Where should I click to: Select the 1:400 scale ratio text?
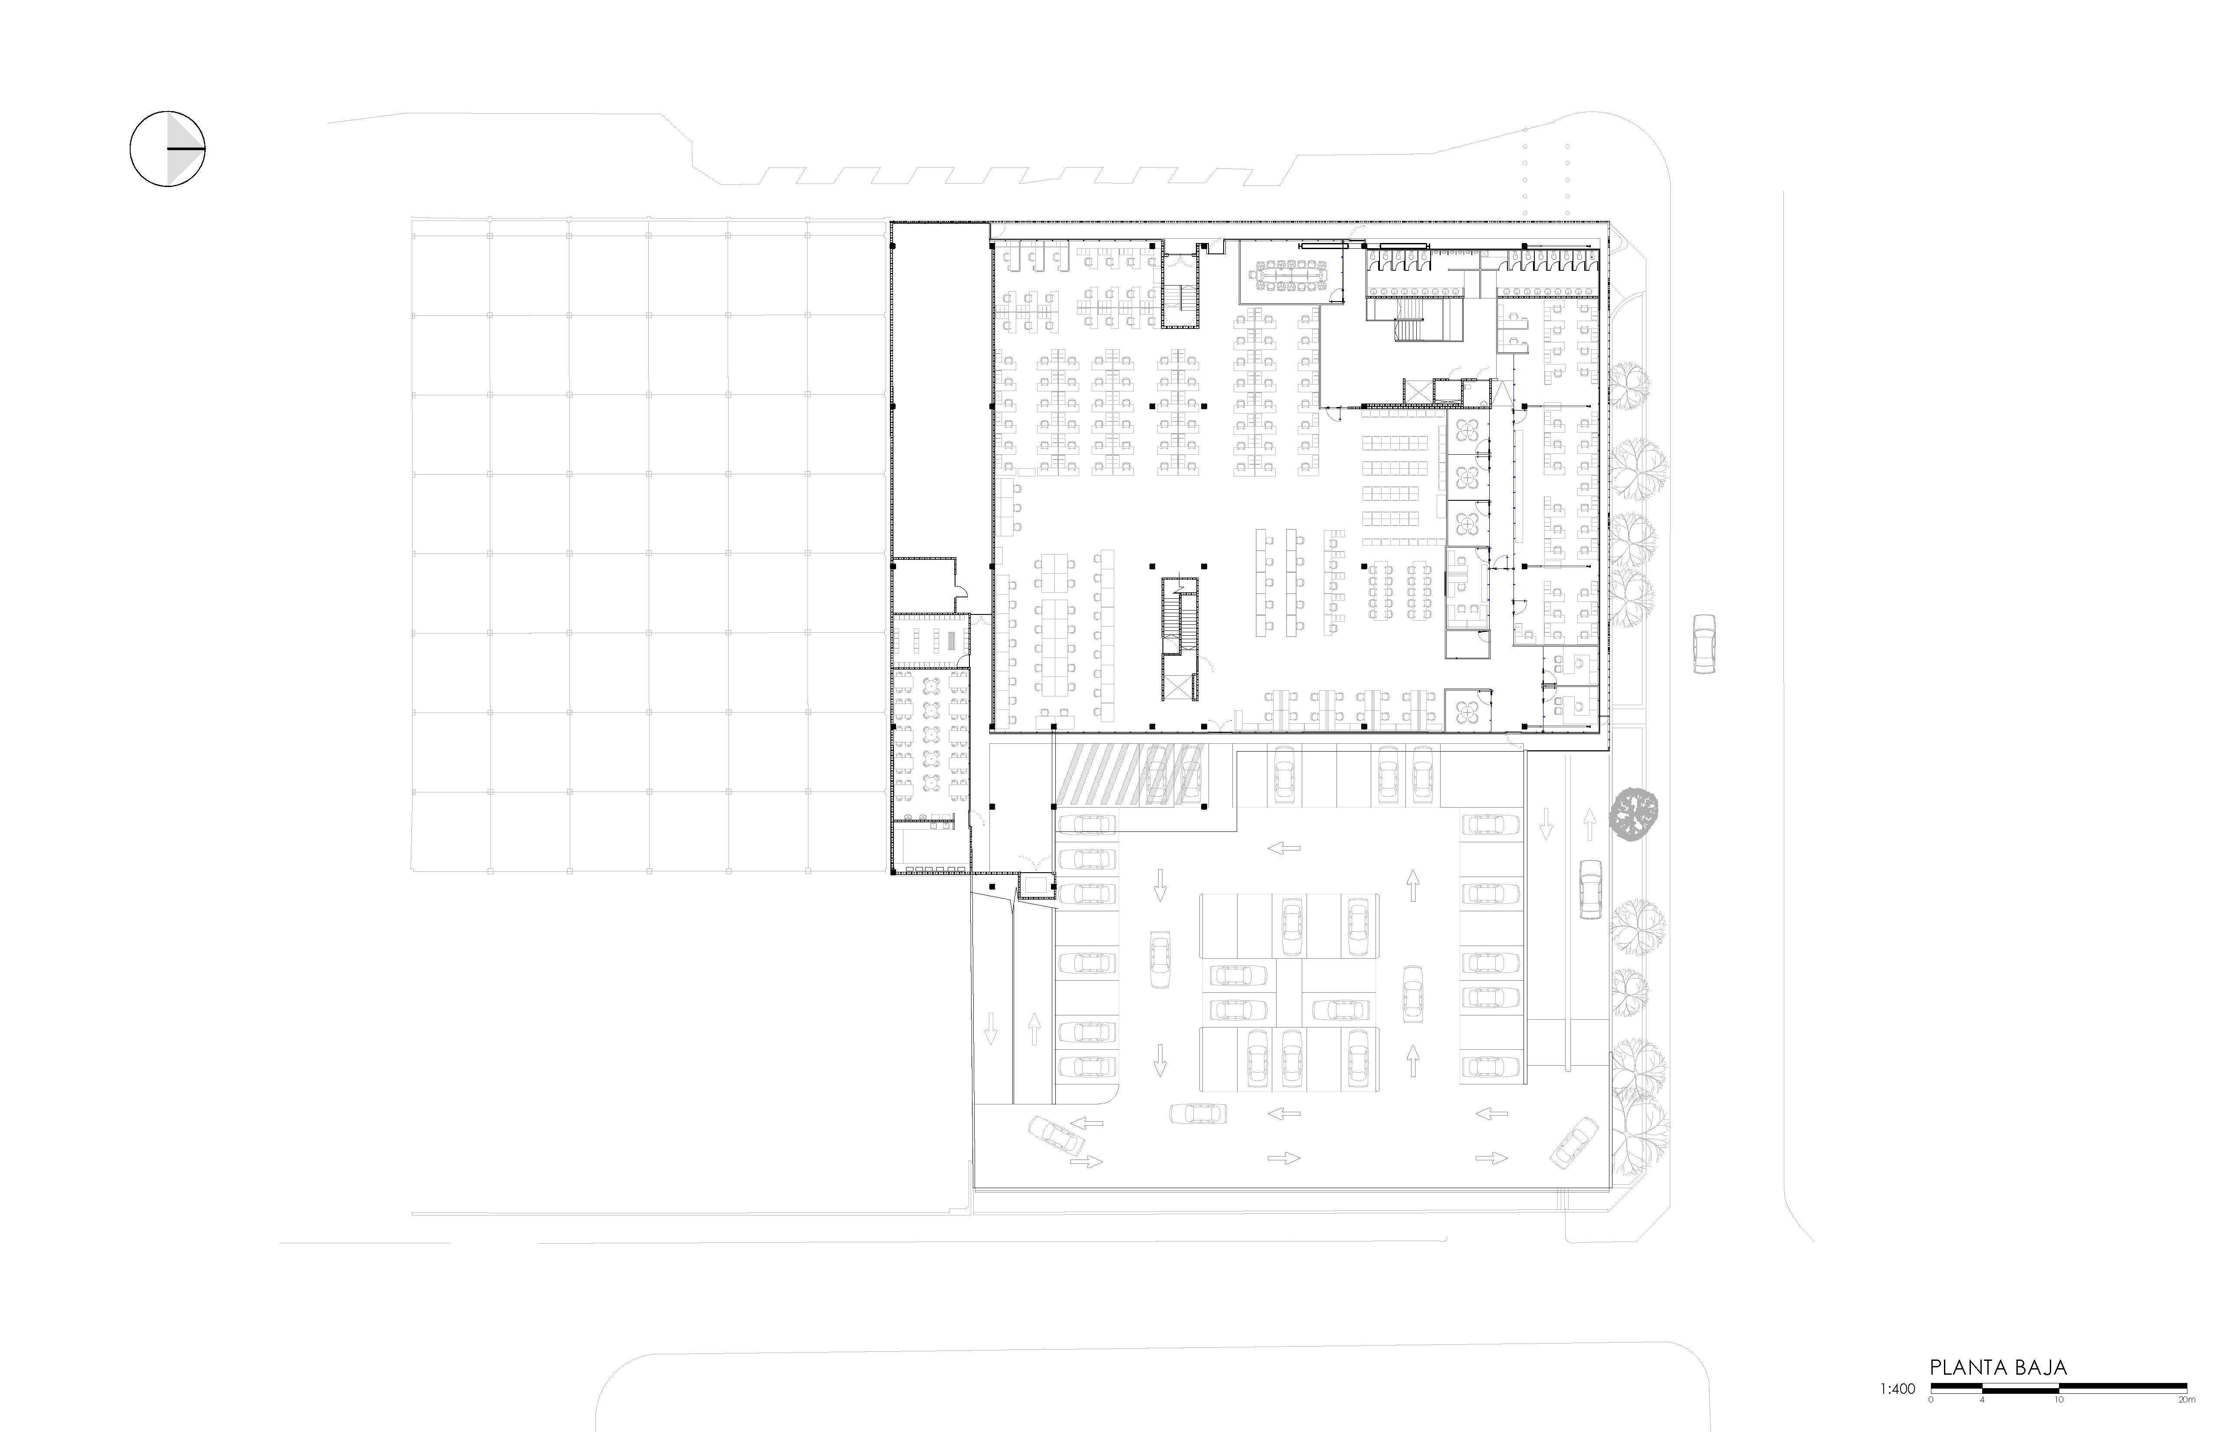1897,1389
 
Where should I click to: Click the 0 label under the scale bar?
1931,1399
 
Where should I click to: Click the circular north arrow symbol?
167,149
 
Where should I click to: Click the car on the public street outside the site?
1704,644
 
